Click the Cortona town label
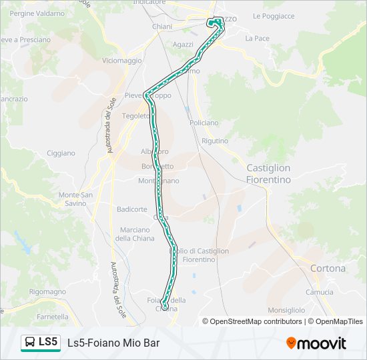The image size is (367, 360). [x=328, y=269]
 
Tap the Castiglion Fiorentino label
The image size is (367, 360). [x=269, y=174]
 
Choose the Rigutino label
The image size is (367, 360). [x=215, y=141]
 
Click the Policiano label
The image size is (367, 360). [x=204, y=123]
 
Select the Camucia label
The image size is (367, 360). [x=319, y=292]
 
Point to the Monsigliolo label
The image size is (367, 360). [x=286, y=310]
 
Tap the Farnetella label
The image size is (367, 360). [x=53, y=317]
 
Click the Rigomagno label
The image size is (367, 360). [x=47, y=292]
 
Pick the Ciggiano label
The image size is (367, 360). [x=61, y=153]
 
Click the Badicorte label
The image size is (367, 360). [x=131, y=209]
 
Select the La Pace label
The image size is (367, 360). [x=257, y=39]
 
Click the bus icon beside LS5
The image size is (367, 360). [x=30, y=343]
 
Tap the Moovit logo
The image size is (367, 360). [x=316, y=343]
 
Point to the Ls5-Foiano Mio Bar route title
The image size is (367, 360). [x=113, y=343]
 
